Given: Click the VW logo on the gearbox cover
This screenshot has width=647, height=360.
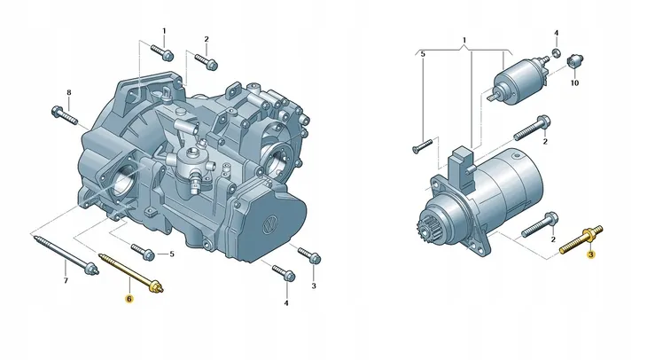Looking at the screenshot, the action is (x=270, y=225).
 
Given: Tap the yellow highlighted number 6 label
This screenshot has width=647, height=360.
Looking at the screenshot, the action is (x=129, y=299).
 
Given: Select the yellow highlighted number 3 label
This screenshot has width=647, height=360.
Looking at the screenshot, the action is (x=591, y=254).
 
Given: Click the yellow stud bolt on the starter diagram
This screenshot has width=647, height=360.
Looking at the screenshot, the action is (x=581, y=239).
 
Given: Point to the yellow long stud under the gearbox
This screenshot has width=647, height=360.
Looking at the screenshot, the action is (x=131, y=273).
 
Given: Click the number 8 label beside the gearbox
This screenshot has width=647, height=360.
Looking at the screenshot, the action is (x=69, y=92).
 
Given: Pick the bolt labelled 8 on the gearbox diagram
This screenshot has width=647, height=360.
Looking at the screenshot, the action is (x=65, y=115).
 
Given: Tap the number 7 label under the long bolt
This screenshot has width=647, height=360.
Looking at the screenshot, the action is (x=66, y=281).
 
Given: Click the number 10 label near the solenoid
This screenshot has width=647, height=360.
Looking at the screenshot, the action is (x=574, y=83).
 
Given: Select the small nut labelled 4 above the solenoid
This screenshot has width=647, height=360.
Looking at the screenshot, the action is (x=557, y=52).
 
